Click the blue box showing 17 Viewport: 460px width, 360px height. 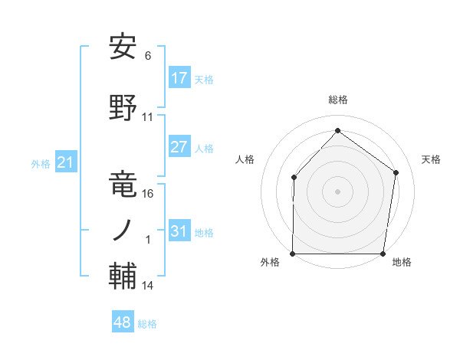click(x=179, y=78)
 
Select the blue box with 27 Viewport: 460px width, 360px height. click(x=179, y=148)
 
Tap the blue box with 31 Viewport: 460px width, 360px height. click(x=179, y=232)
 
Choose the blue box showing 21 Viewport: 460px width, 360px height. click(x=66, y=162)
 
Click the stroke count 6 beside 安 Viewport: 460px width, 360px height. click(x=148, y=55)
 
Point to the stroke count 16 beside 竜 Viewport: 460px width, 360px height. click(x=148, y=193)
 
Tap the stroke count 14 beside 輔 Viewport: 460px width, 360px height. click(x=148, y=286)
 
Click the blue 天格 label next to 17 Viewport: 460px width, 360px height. click(x=203, y=80)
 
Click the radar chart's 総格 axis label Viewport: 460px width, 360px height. click(x=337, y=100)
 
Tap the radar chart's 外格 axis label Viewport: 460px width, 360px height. click(x=270, y=263)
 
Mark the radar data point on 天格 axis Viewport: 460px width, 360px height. click(x=396, y=172)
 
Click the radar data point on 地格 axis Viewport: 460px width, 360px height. click(x=383, y=254)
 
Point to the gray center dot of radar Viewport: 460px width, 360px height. click(x=337, y=191)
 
